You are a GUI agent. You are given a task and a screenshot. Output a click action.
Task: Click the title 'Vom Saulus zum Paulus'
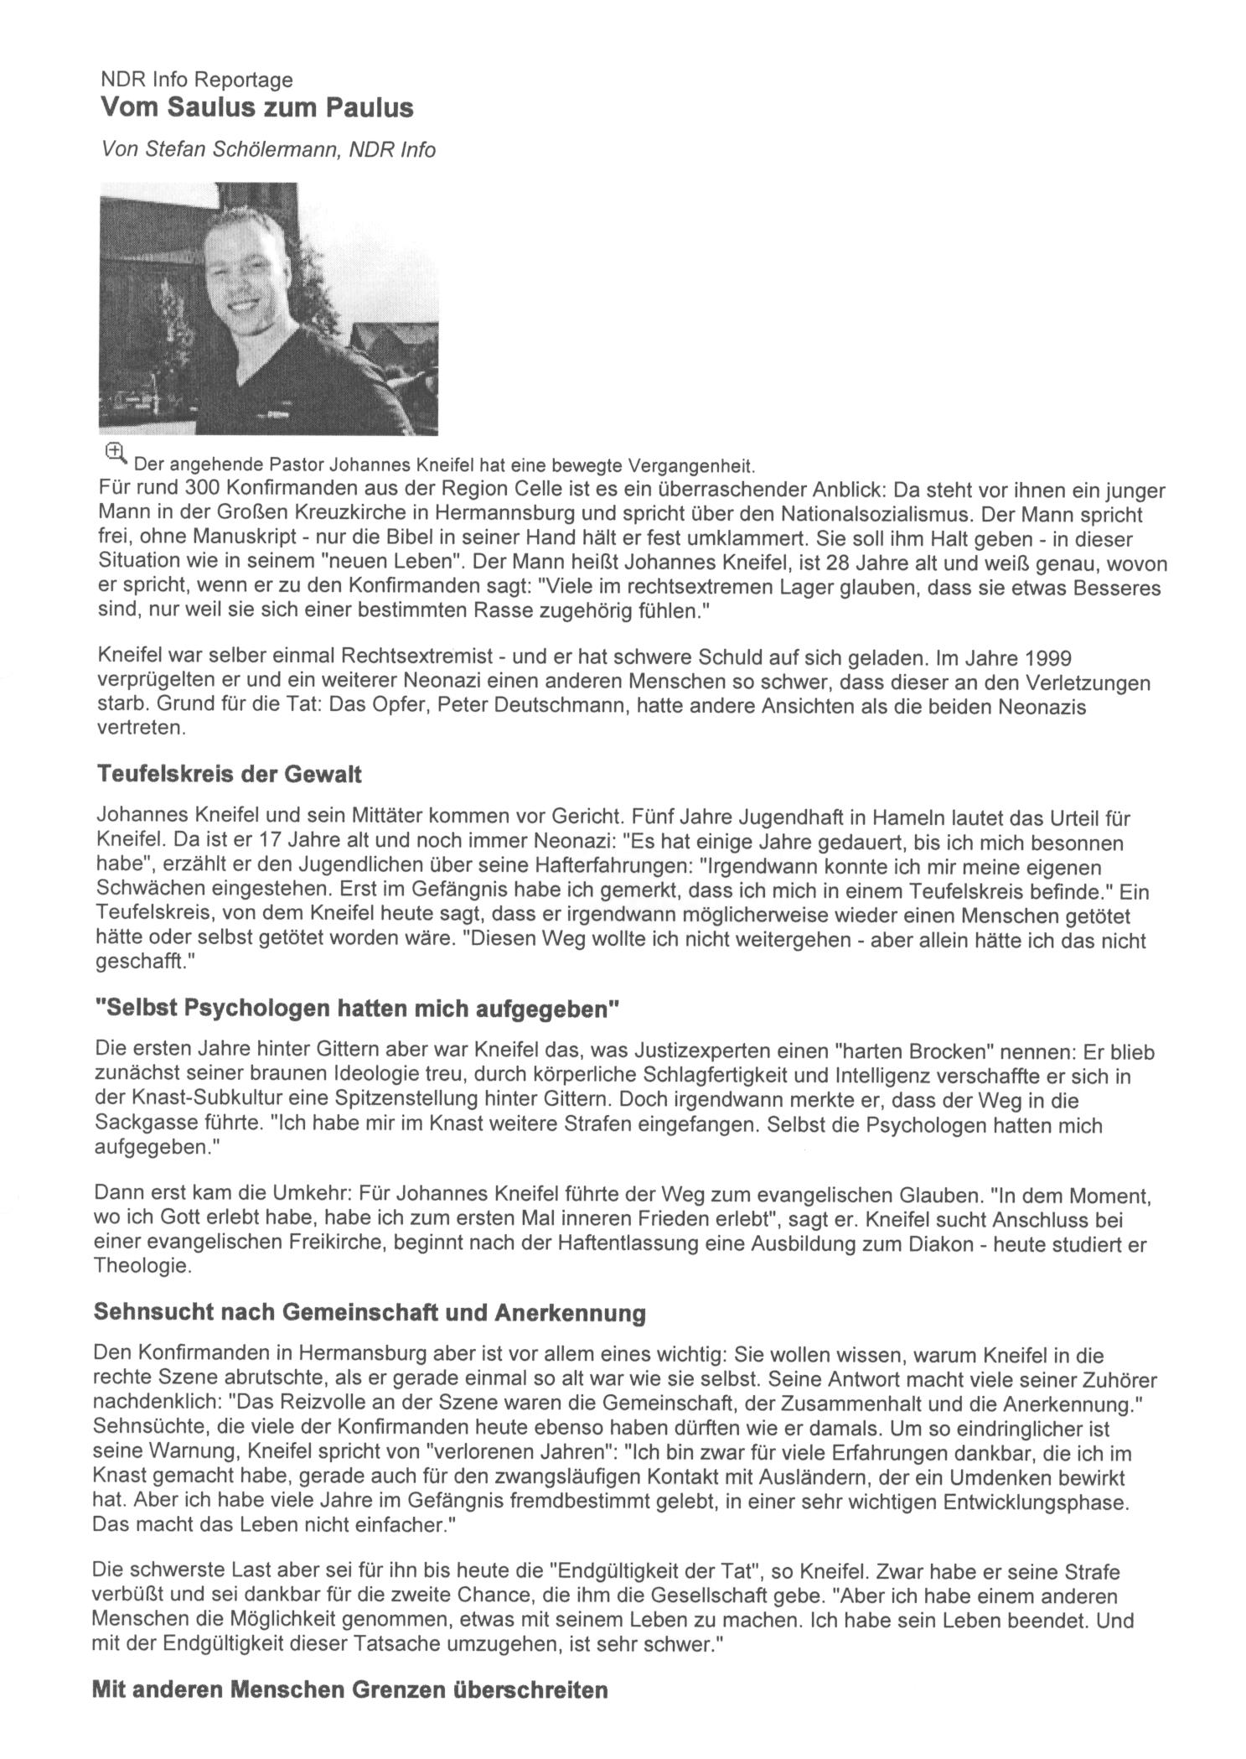(x=257, y=109)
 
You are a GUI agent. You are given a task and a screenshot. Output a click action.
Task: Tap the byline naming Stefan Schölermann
(x=267, y=150)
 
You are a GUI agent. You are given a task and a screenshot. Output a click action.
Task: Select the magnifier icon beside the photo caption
(x=114, y=453)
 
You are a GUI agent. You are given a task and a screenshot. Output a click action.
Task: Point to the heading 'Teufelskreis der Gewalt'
(x=229, y=774)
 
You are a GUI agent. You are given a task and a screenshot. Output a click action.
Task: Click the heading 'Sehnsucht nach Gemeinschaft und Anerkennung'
(x=369, y=1314)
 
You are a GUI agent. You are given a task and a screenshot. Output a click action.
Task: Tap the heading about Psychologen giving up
(x=358, y=1009)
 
